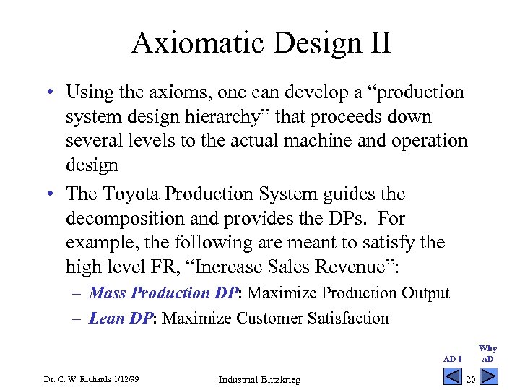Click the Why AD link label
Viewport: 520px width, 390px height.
488,354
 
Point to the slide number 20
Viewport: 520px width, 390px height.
470,380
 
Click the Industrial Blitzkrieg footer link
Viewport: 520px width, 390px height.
259,380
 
